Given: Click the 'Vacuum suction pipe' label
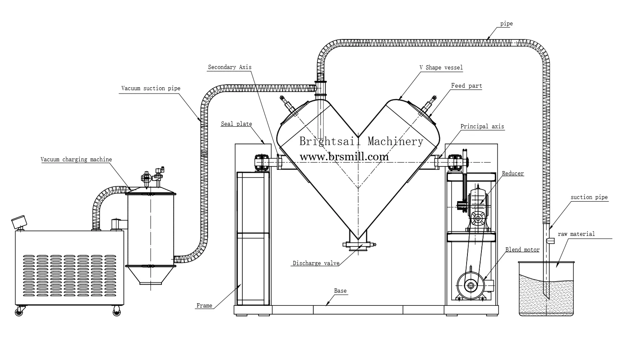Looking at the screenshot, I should tap(150, 89).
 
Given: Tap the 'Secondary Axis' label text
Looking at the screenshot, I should tap(229, 67).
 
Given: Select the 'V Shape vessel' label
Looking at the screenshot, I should tap(441, 67).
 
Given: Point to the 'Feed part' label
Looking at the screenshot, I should tap(466, 86).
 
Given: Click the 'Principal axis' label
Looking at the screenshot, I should tap(482, 126).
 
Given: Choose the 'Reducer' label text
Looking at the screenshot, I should tap(513, 173).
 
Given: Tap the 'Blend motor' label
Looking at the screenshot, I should tap(522, 249).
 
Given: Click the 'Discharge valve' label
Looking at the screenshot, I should tap(316, 263).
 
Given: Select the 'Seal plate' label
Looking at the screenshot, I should tap(236, 124).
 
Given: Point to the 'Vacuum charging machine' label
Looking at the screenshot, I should tap(76, 160).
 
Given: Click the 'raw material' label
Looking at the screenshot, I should tap(576, 234).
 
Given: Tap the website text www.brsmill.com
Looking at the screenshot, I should tap(344, 157).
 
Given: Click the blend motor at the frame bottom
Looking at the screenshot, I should tap(470, 285).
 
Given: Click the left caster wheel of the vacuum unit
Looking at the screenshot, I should tap(19, 312).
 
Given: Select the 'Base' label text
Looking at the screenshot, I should tap(340, 291).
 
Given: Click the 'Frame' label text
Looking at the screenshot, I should tap(204, 305).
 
